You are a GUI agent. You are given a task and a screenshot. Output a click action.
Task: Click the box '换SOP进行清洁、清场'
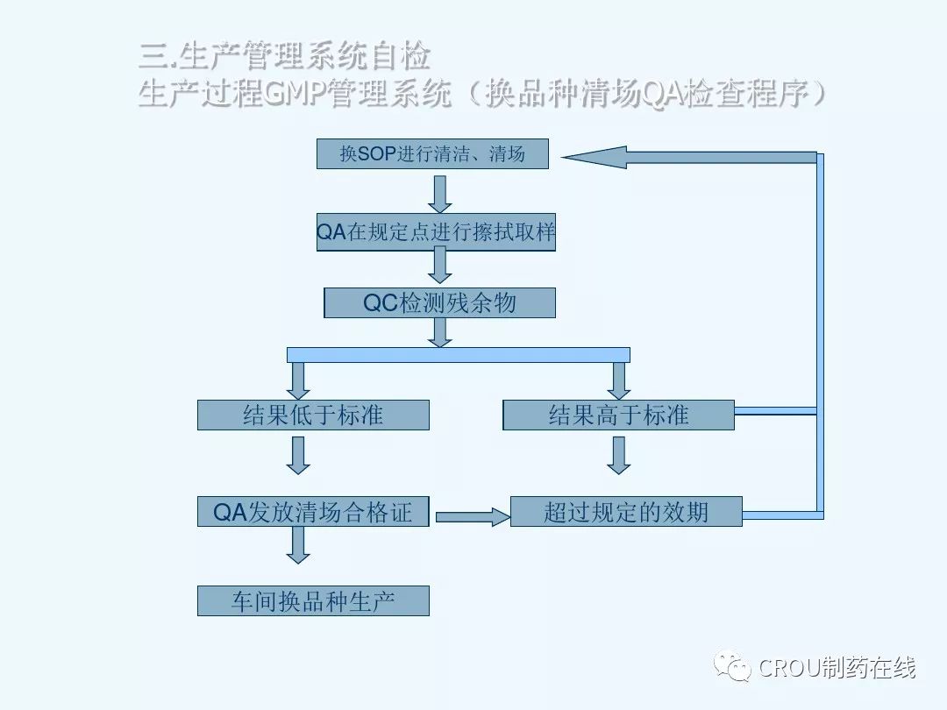click(432, 154)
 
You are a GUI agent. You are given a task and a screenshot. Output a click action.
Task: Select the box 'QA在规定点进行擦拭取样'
click(436, 232)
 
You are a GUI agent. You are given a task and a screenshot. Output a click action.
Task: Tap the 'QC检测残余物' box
click(439, 303)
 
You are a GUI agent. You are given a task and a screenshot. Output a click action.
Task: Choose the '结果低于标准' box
click(313, 415)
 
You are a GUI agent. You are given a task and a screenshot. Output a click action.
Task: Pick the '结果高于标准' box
click(618, 415)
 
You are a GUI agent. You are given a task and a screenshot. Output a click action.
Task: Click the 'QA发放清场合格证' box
click(313, 511)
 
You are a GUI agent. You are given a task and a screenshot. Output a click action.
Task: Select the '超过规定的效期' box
click(626, 511)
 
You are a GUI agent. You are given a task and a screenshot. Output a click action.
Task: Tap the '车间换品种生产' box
click(313, 601)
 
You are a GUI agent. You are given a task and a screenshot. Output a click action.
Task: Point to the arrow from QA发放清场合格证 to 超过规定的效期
click(473, 516)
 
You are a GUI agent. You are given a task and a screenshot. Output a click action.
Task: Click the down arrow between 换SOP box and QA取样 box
click(440, 194)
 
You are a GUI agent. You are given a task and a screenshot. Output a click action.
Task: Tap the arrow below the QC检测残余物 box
click(440, 331)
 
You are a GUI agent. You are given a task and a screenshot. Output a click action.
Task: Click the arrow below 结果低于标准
click(299, 455)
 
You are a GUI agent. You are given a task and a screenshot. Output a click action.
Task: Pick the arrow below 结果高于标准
click(619, 455)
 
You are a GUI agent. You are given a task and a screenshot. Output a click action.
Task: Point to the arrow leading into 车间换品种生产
click(299, 545)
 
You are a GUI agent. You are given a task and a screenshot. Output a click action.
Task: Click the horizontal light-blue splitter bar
click(458, 354)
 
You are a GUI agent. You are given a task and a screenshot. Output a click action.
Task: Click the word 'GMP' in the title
click(294, 94)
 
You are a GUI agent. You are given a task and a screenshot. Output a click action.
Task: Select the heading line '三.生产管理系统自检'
click(285, 56)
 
